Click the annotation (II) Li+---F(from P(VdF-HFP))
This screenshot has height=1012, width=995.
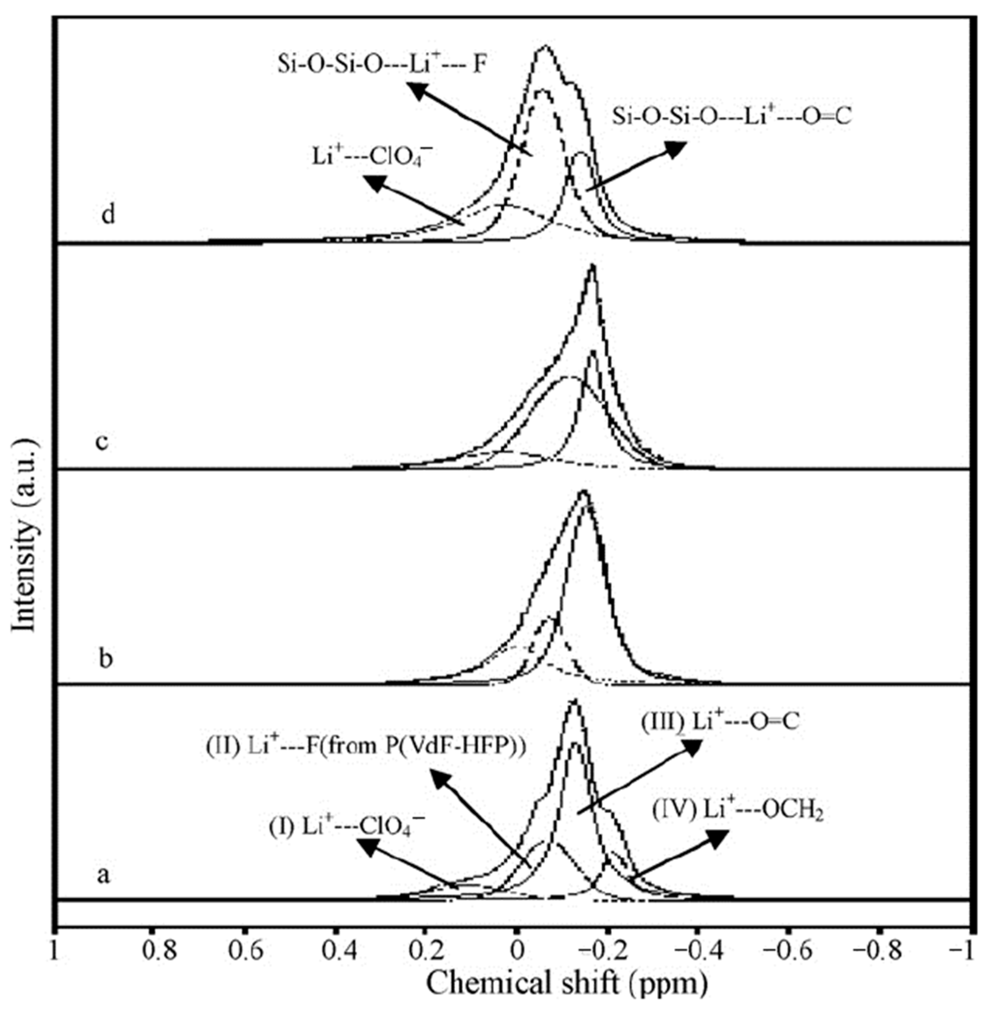[x=365, y=746]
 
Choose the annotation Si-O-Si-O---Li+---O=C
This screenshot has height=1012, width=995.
[x=732, y=117]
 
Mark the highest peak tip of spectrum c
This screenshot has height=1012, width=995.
[x=592, y=266]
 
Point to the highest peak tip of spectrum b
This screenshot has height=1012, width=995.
[x=584, y=491]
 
